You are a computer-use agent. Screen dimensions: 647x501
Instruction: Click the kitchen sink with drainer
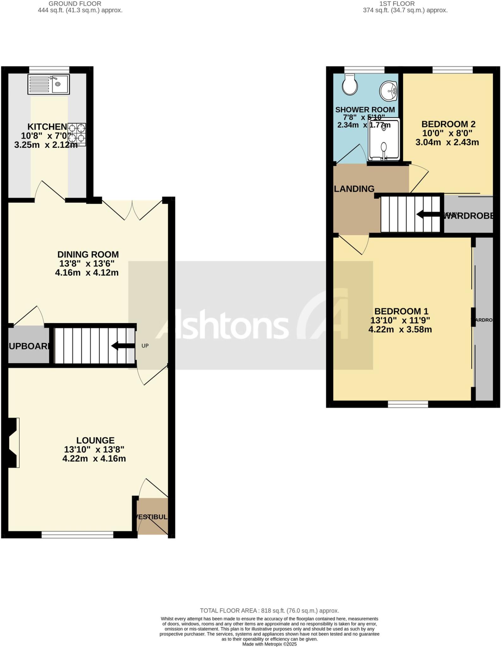[48, 84]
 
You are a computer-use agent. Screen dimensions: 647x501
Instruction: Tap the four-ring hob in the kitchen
[77, 134]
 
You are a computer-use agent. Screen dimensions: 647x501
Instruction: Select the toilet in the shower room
[350, 84]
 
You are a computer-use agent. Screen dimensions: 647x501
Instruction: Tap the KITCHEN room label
[47, 127]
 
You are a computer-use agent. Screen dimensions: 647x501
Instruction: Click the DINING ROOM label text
[88, 254]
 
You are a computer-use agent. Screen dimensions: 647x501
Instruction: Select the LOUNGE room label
[95, 440]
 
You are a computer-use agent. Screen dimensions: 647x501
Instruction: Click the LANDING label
[354, 189]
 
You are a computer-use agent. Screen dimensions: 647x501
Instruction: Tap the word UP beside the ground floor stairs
[145, 346]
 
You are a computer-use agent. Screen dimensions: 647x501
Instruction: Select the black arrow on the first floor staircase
[428, 215]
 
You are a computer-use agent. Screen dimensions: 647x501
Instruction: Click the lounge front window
[77, 535]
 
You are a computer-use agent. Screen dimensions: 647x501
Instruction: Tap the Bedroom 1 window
[408, 404]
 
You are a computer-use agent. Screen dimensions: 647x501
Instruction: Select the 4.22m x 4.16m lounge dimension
[94, 458]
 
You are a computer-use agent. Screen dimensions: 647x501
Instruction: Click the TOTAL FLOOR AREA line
[269, 611]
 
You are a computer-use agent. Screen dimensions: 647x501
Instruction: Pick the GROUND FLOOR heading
[75, 4]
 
